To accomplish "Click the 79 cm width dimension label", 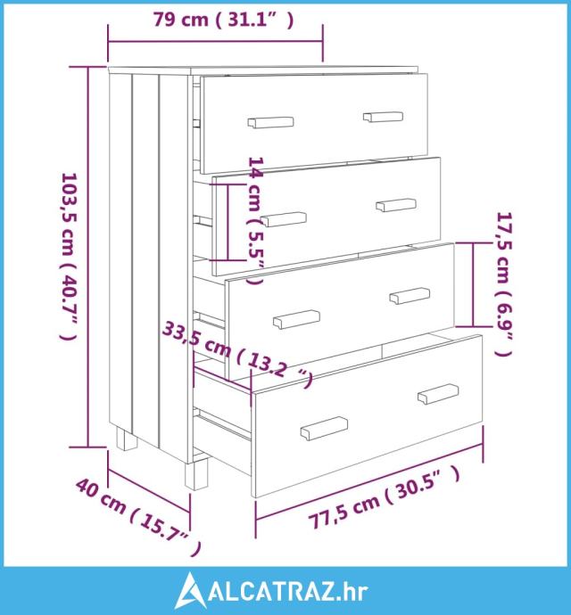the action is point(223,20).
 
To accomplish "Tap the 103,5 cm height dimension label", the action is point(69,257).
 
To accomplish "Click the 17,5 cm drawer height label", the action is point(505,284).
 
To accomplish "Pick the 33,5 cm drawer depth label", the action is point(237,354).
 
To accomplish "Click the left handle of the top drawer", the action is point(270,122).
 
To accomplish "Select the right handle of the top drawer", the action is point(383,117).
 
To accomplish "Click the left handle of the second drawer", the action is point(284,219).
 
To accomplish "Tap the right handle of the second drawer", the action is point(396,205).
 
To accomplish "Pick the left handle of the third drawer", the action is point(296,319).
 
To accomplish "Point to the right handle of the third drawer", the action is point(410,295).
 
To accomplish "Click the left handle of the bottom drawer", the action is point(324,429).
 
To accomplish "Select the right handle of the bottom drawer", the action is point(438,394).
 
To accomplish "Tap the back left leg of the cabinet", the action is point(127,439).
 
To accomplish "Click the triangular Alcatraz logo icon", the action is point(190,589).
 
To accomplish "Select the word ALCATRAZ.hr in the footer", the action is point(288,592).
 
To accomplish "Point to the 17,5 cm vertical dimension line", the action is point(473,284).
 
